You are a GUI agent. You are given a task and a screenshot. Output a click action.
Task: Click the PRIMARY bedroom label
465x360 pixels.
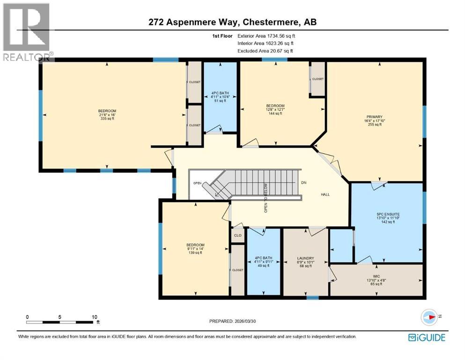click(375, 120)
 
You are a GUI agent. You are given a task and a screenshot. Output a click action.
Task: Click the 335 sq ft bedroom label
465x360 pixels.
click(106, 115)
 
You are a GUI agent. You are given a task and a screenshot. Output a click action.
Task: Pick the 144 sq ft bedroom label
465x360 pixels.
click(275, 109)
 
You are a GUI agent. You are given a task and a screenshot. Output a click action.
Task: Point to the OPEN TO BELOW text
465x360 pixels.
click(265, 197)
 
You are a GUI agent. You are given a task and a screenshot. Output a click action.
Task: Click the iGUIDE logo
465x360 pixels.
click(427, 337)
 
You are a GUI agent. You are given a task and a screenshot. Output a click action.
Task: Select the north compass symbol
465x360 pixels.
click(429, 317)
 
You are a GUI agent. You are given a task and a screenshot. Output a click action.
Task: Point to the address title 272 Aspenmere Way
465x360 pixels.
click(232, 22)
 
